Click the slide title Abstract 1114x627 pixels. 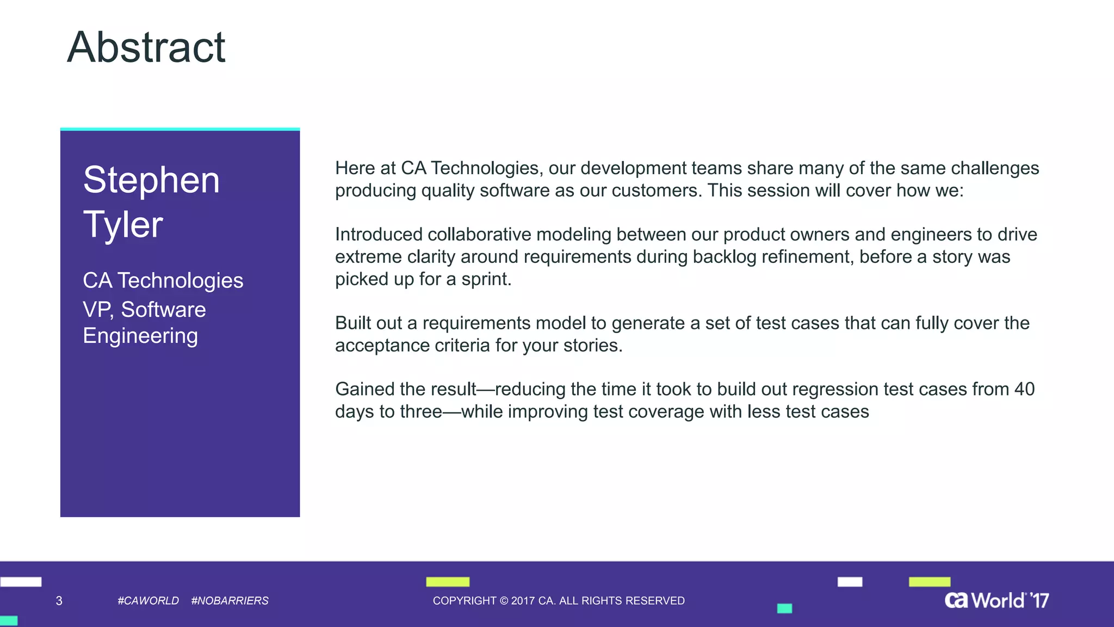(146, 48)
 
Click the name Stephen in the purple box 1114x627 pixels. (151, 180)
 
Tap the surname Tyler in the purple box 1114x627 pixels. (123, 225)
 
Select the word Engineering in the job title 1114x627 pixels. (140, 336)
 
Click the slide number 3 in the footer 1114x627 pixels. (59, 601)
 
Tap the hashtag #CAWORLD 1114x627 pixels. (148, 601)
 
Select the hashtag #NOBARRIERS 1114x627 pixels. (230, 601)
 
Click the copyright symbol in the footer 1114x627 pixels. (504, 601)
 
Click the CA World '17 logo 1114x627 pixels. (997, 600)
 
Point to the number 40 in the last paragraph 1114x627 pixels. (1024, 389)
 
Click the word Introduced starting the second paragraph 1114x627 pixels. (379, 235)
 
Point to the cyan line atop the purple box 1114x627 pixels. (180, 129)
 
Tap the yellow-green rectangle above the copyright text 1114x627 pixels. (448, 582)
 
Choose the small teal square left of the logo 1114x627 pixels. (784, 608)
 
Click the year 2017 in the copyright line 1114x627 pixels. (522, 601)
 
